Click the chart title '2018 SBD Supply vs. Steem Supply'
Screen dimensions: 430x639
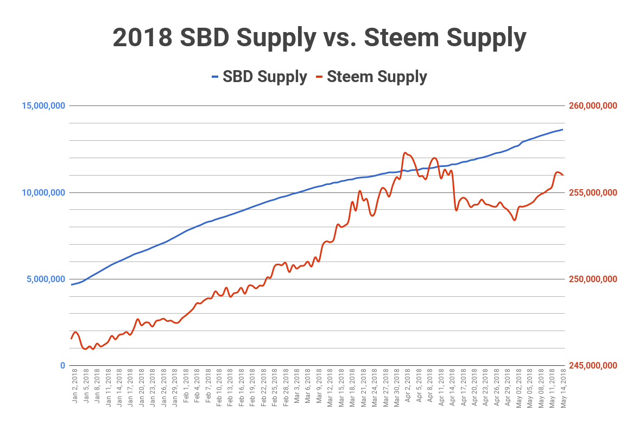(319, 38)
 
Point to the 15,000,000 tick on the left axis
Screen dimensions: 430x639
(43, 105)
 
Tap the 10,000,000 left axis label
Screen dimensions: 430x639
(43, 192)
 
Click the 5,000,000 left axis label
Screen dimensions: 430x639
(46, 279)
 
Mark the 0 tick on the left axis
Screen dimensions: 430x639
(62, 365)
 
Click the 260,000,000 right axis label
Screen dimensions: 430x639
(593, 105)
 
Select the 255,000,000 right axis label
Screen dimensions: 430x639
(593, 192)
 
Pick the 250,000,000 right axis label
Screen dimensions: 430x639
(593, 279)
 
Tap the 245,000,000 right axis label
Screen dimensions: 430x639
(593, 365)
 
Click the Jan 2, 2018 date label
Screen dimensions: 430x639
(75, 387)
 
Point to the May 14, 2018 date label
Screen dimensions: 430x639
(563, 387)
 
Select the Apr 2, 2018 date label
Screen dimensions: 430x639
(408, 387)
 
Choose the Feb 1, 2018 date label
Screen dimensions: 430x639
(186, 387)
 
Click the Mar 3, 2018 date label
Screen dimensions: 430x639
(297, 387)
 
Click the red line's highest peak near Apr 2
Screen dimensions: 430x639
(405, 153)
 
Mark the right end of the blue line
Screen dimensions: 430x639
(562, 129)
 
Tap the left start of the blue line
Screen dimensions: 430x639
(71, 285)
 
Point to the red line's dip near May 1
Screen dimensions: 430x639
(514, 220)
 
